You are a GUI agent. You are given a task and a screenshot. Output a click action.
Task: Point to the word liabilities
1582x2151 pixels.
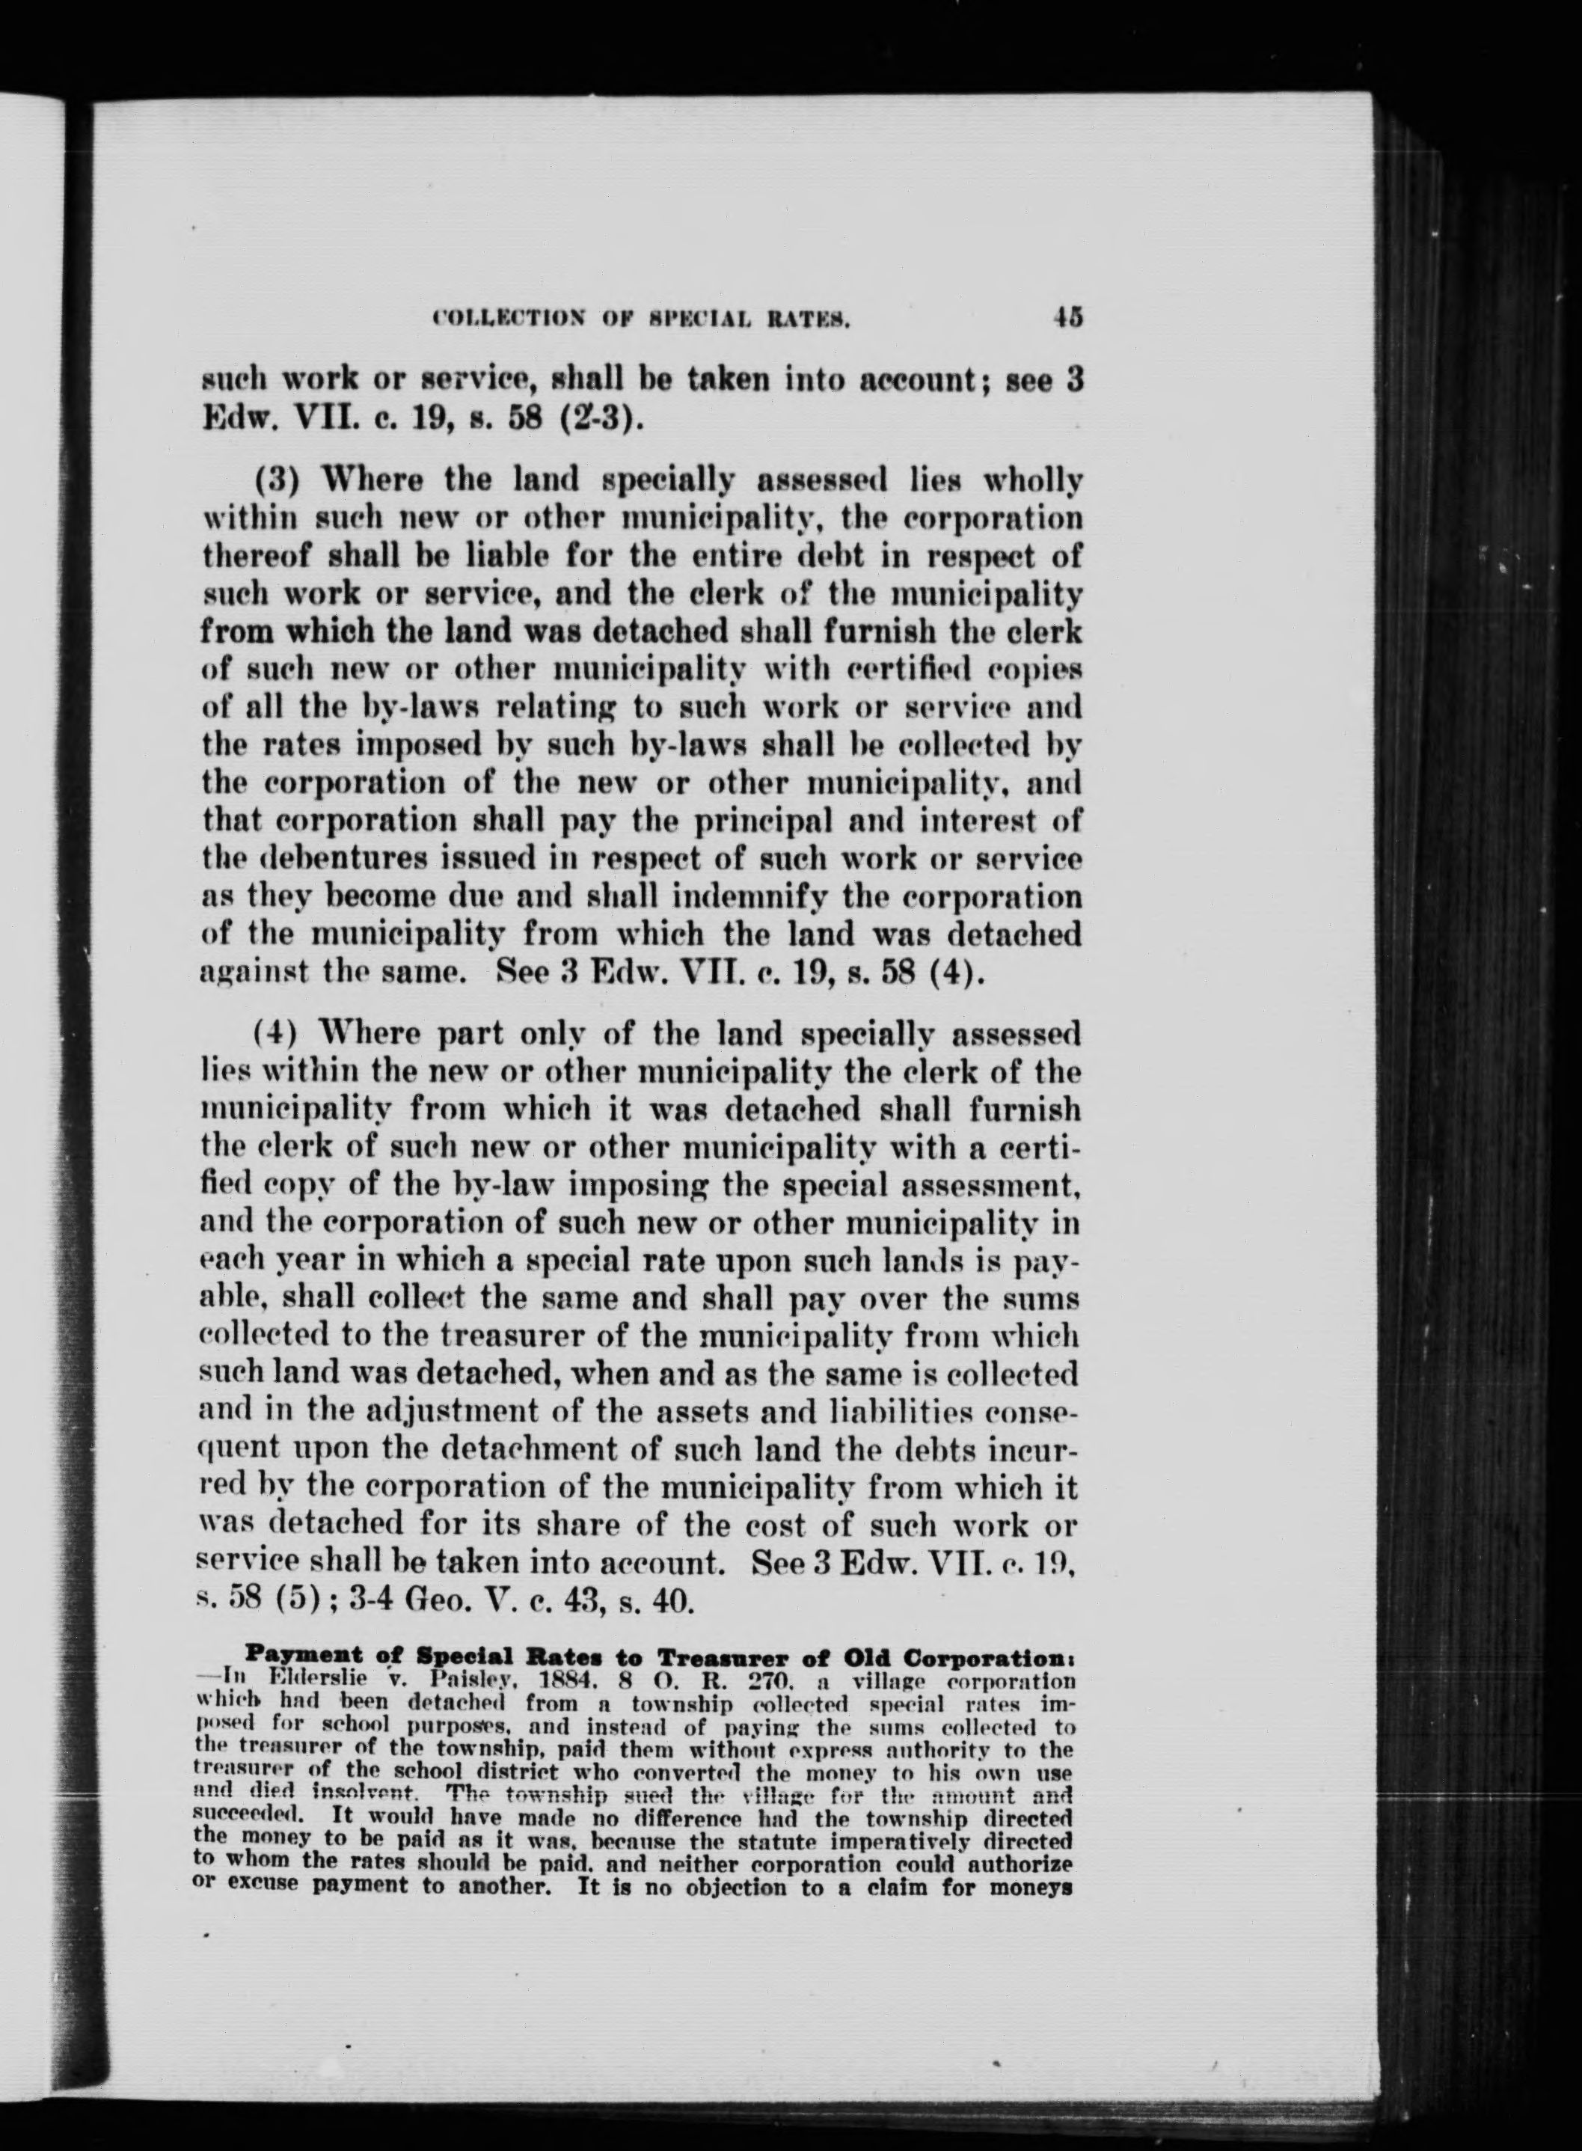[915, 1412]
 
